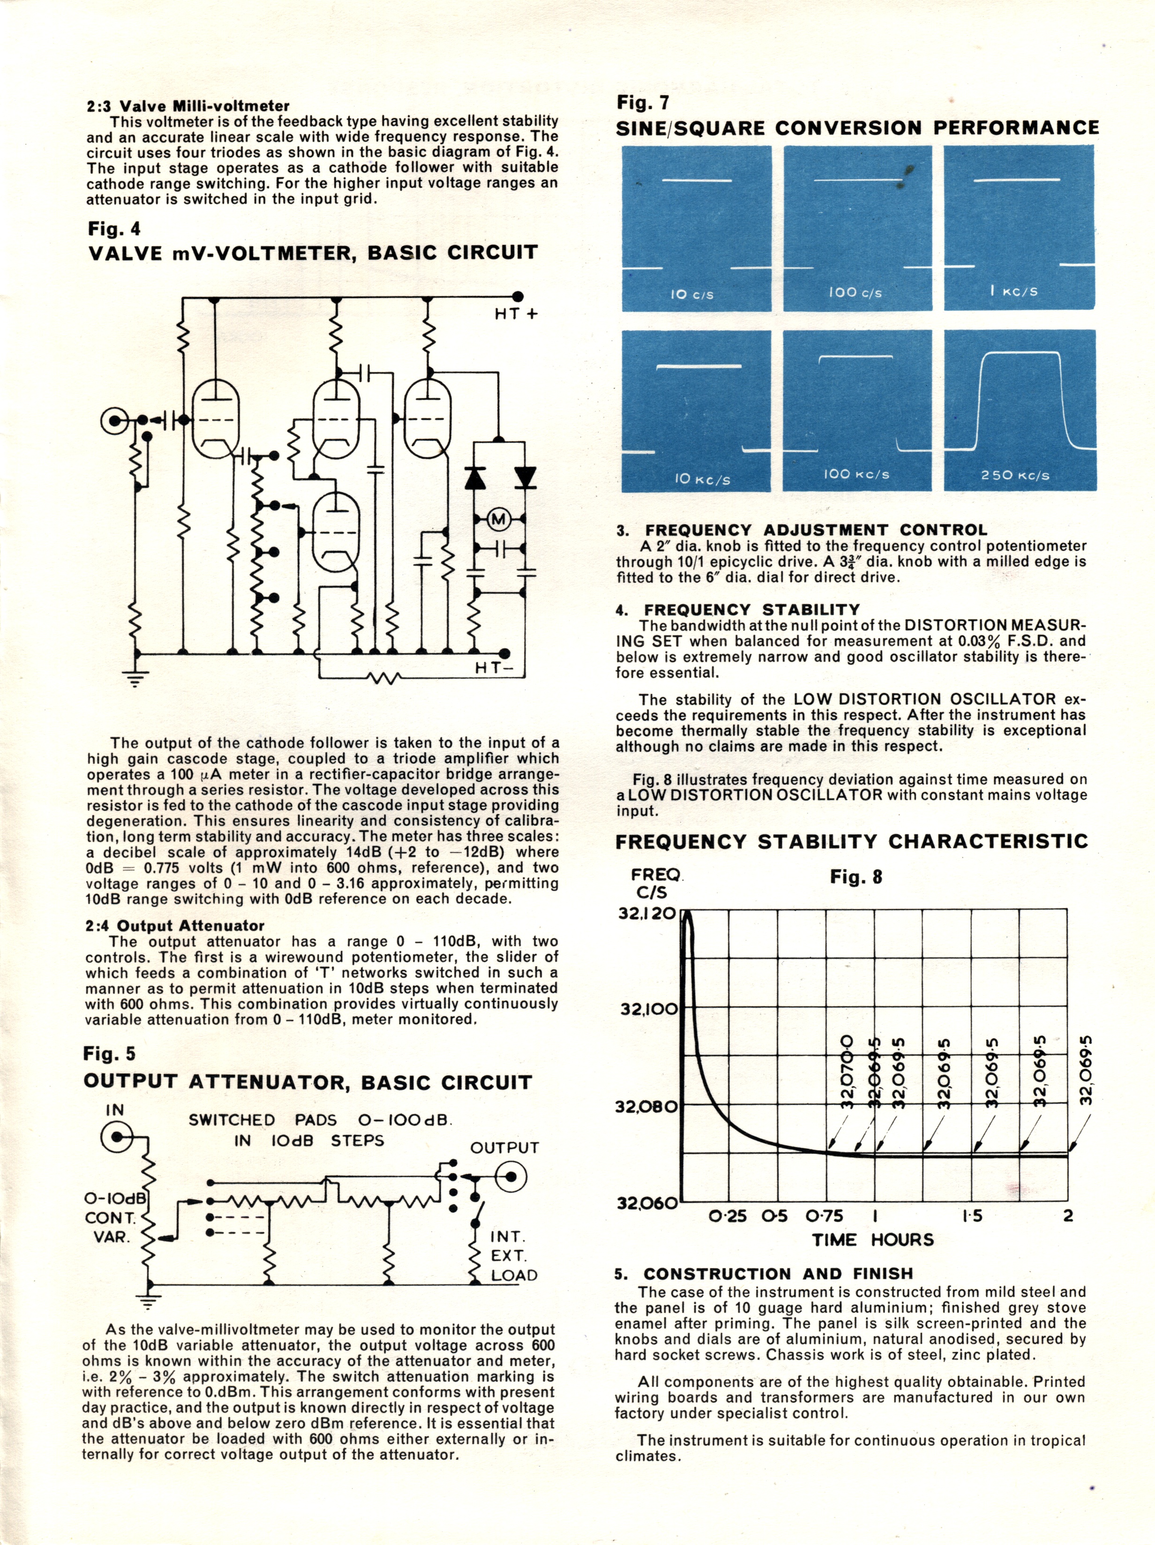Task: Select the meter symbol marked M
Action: click(498, 519)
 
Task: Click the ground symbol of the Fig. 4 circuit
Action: click(136, 677)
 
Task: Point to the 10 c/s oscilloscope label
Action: click(691, 294)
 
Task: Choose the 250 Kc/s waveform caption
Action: click(1015, 475)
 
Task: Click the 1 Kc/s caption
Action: click(1013, 290)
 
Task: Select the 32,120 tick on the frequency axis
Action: click(647, 913)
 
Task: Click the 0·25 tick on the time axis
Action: click(728, 1216)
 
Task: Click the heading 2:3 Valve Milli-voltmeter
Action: click(188, 106)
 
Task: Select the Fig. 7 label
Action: click(642, 103)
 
